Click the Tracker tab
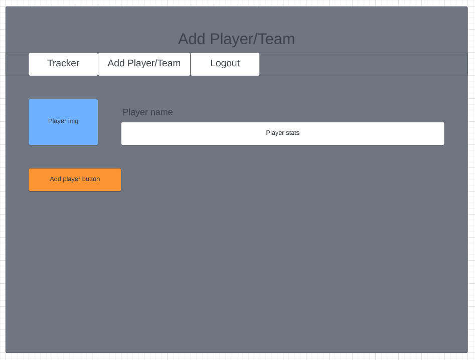coord(63,64)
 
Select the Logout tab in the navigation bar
coord(225,64)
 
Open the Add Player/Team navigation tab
coord(144,64)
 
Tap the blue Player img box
coord(63,122)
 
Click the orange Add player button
coord(75,179)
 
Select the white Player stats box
coord(282,133)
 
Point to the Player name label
coord(147,112)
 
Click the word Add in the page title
coord(192,39)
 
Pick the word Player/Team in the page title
coord(252,39)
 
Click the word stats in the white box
coord(292,133)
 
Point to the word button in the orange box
coord(90,179)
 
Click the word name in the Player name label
coord(162,112)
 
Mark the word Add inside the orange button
coord(55,179)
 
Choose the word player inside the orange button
coord(71,179)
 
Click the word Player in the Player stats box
coord(274,133)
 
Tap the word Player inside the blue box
coord(57,121)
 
